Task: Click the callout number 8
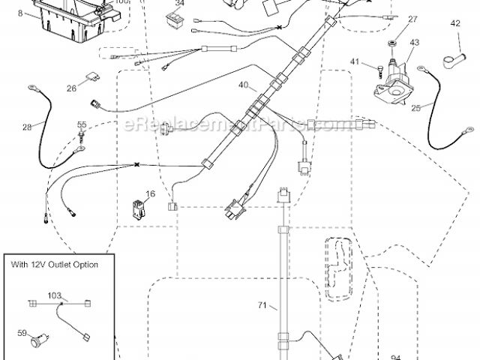[20, 13]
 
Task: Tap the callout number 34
[178, 3]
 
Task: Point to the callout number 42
[455, 24]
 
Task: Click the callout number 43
[415, 43]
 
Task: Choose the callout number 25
[416, 108]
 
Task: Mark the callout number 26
[71, 88]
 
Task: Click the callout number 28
[27, 127]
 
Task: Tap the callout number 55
[82, 124]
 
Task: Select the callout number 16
[151, 193]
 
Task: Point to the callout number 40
[243, 85]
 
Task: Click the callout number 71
[262, 305]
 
